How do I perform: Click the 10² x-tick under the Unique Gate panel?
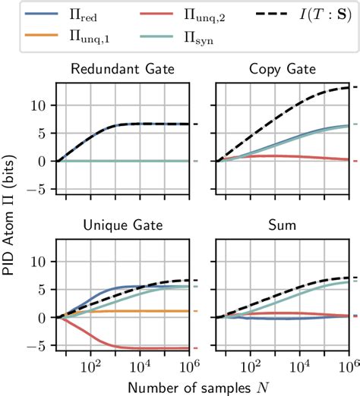(90, 366)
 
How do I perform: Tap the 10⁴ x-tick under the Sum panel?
(299, 366)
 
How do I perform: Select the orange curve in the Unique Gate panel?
(152, 311)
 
